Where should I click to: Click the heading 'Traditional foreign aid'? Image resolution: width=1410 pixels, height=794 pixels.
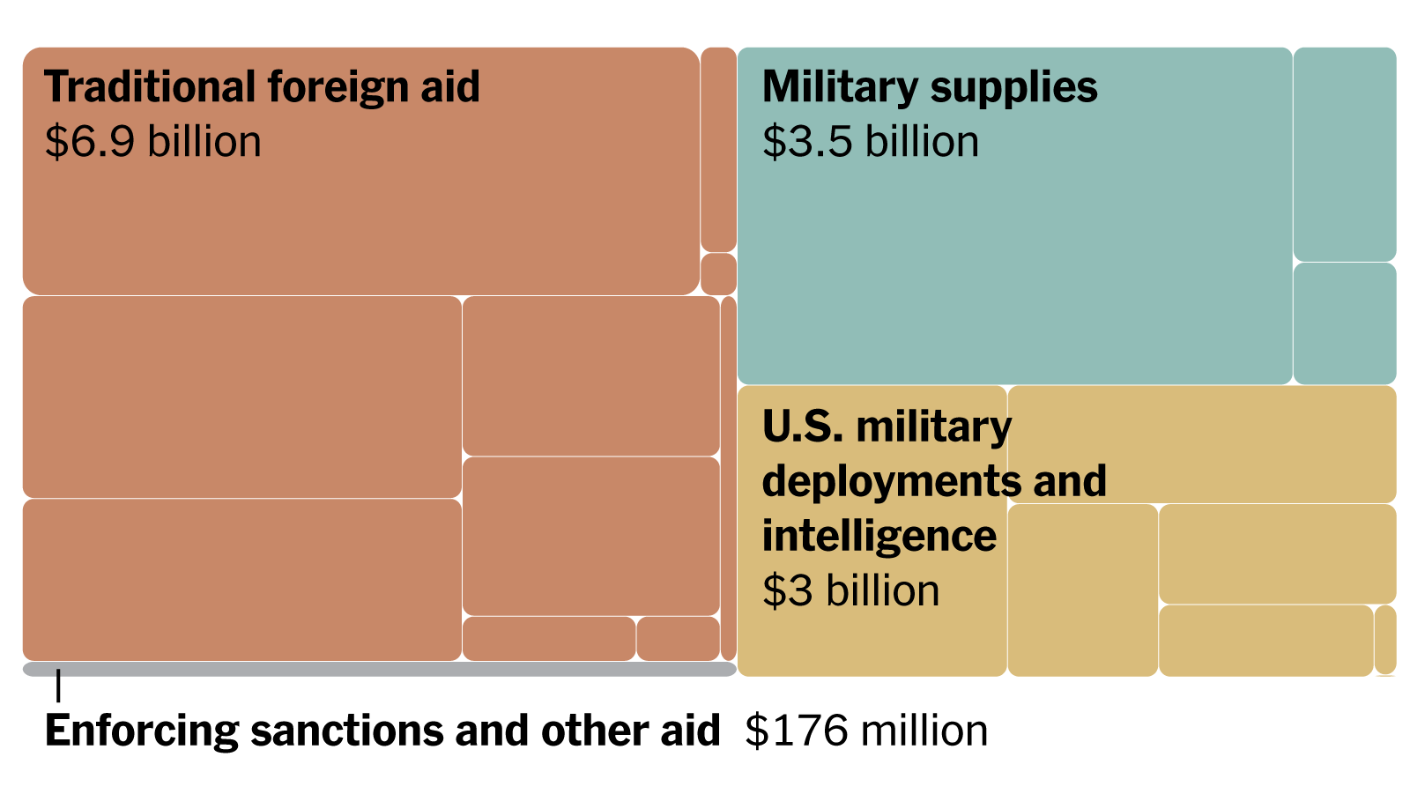coord(262,87)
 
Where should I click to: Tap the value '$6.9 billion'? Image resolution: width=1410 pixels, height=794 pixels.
coord(153,142)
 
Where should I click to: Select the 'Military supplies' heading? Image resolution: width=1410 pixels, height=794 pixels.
coord(930,87)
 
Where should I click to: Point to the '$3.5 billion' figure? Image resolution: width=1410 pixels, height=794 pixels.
coord(871,142)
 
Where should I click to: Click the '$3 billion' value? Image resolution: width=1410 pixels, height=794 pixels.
coord(850,590)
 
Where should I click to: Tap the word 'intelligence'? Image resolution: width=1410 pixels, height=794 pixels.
coord(879,536)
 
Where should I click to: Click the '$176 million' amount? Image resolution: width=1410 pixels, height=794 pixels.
coord(866,731)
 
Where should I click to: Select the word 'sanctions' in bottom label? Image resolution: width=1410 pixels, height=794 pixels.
coord(351,731)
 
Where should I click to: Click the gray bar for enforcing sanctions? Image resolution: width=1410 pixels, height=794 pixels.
coord(379,670)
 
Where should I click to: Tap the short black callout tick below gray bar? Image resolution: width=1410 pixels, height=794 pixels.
coord(58,686)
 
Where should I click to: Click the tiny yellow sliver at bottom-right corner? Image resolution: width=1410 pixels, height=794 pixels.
coord(1385,640)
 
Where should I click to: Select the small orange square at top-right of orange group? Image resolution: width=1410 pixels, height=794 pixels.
coord(718,274)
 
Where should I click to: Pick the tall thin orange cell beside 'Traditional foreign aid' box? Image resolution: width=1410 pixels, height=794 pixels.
coord(718,150)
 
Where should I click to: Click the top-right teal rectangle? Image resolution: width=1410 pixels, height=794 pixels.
coord(1345,154)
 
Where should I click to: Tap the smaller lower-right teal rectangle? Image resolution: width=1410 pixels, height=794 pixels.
coord(1345,323)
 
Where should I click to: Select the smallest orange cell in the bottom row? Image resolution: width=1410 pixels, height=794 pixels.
coord(678,639)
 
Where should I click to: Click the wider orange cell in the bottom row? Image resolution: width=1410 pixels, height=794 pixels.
coord(548,639)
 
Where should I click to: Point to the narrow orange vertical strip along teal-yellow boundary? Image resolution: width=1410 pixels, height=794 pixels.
coord(729,479)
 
